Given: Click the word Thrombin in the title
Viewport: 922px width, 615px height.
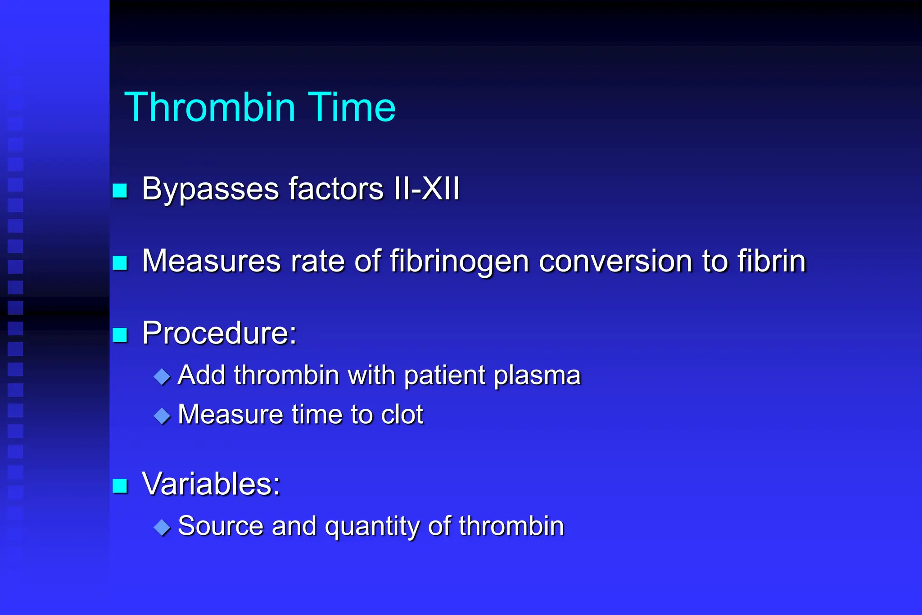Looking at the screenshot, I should coord(210,107).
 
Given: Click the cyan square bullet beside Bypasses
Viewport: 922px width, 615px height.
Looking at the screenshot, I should coord(120,190).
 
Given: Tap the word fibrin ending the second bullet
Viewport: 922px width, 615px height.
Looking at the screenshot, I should coord(771,261).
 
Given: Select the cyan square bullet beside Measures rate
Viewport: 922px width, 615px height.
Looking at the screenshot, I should coord(120,262).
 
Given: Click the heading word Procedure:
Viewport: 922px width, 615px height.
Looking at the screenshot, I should coord(219,333).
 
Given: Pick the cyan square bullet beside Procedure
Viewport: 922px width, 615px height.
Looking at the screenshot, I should coord(120,335).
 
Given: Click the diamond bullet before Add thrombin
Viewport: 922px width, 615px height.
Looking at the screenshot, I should coord(162,376).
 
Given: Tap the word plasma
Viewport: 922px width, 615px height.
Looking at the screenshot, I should coord(537,375).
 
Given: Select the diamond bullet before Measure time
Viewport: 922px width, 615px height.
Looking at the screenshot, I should coord(162,416).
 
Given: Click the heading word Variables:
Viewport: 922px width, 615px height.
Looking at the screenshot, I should coord(211,484).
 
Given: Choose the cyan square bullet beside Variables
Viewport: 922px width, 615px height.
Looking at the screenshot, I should coord(120,486).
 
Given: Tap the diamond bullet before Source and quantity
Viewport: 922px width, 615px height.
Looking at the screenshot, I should coord(162,527).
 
